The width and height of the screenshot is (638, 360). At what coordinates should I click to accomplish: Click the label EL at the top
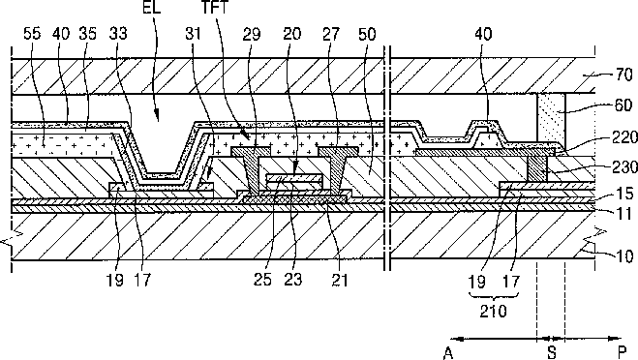click(x=152, y=8)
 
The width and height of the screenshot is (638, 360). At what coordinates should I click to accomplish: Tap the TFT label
click(x=215, y=8)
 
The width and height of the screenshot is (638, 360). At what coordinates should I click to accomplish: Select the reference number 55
click(x=32, y=33)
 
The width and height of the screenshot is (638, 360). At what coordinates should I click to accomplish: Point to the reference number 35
click(x=87, y=33)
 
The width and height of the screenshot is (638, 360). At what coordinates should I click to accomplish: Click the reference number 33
click(x=118, y=33)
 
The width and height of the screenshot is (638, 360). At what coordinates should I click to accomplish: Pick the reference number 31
click(x=194, y=33)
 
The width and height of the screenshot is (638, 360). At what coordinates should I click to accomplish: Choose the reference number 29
click(x=252, y=34)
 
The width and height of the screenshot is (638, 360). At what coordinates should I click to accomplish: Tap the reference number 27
click(x=331, y=34)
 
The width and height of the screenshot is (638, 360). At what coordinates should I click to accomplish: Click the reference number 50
click(x=367, y=34)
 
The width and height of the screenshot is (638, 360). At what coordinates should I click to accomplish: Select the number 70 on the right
click(x=623, y=75)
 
